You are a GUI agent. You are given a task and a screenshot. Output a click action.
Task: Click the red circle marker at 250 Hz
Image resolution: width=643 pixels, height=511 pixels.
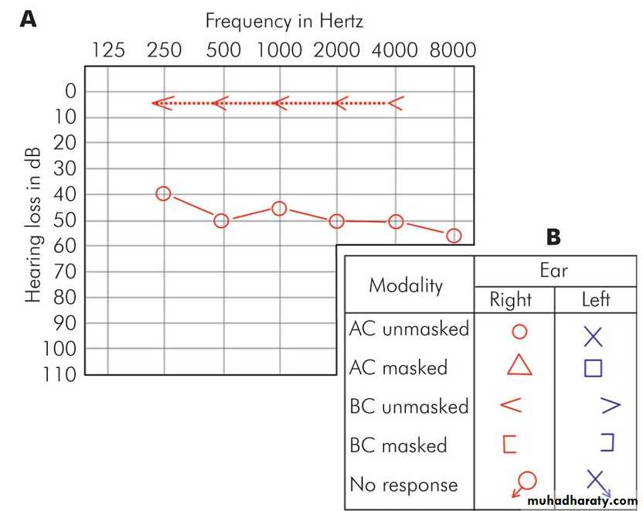163,193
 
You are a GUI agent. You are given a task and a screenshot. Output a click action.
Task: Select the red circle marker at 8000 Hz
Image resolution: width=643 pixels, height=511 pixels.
454,235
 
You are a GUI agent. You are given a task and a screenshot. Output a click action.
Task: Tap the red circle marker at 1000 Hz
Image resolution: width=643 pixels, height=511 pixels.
279,209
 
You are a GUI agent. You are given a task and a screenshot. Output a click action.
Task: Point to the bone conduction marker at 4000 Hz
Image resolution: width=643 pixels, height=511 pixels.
395,103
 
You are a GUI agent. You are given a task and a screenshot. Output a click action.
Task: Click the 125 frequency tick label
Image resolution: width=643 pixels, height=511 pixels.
108,50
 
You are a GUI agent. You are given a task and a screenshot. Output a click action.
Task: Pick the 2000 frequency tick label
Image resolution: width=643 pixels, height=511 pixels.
337,50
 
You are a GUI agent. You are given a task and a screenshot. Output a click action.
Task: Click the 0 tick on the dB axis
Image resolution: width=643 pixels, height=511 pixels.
71,91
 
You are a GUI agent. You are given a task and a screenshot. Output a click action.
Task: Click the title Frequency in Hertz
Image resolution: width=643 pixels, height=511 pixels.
284,20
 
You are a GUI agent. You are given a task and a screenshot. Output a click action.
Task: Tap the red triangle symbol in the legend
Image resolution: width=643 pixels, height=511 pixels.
519,364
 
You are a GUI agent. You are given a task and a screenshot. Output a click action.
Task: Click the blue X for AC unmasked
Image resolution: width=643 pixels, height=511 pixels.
593,336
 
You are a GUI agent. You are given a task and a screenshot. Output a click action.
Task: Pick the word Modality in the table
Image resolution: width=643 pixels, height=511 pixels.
406,285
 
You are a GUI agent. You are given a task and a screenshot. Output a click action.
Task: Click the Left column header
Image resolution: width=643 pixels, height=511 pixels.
595,299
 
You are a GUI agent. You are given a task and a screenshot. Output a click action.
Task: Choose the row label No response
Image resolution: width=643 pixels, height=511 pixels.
403,485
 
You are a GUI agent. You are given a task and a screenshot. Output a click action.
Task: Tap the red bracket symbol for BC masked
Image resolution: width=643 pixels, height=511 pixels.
509,444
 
